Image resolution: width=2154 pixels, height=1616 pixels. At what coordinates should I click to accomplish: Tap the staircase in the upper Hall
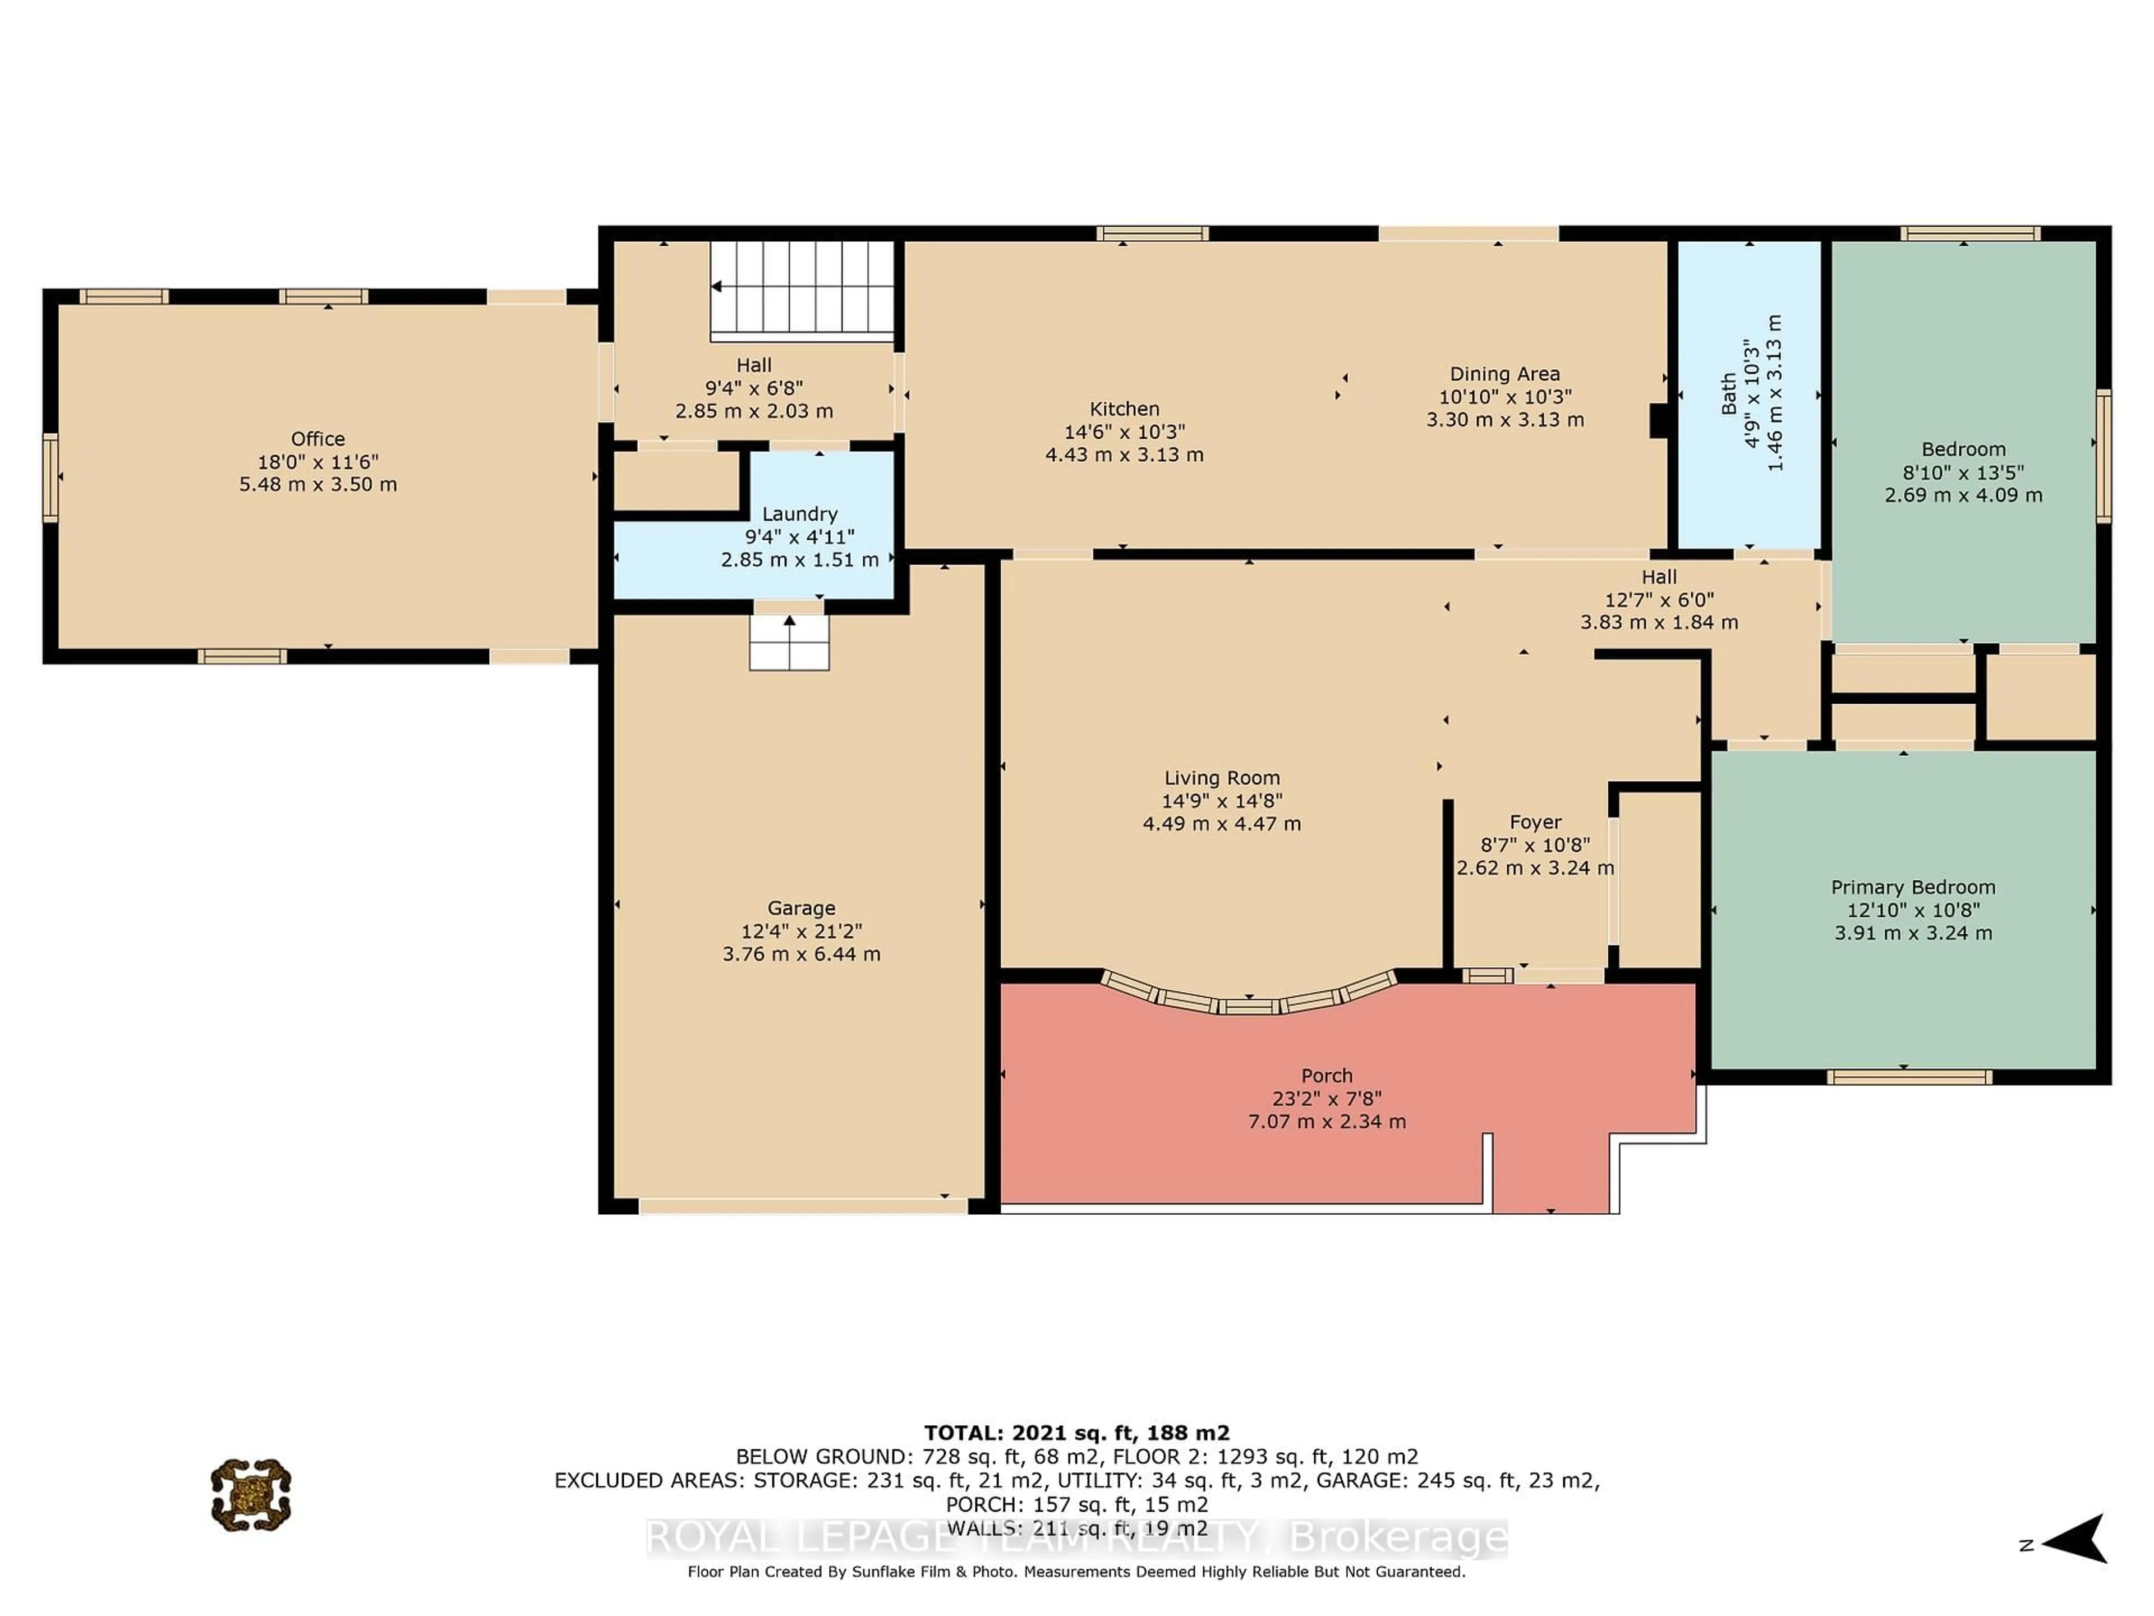(802, 290)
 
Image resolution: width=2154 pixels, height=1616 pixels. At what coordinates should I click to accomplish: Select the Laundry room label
(799, 513)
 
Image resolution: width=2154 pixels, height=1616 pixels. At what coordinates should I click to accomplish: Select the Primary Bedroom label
(1912, 887)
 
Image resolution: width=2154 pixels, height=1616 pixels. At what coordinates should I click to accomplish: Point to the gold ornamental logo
(251, 1494)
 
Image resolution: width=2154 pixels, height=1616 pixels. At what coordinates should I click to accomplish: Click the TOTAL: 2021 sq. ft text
(1076, 1433)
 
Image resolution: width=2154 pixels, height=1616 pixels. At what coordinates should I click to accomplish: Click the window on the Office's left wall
(50, 478)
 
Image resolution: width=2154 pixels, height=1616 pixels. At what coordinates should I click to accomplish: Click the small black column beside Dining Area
(1658, 421)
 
